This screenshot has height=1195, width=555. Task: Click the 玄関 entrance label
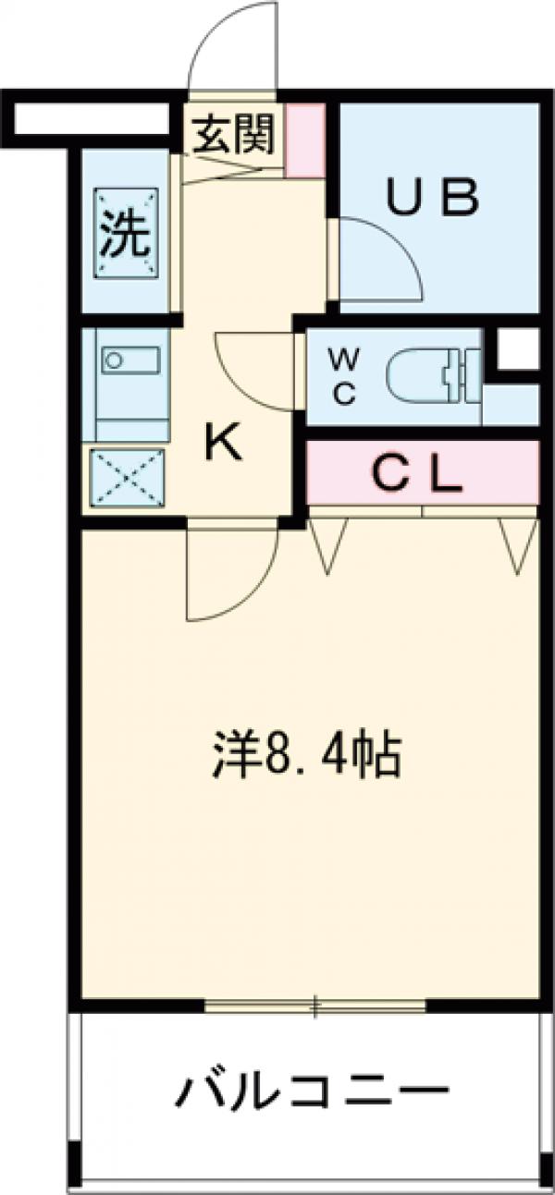[x=233, y=137]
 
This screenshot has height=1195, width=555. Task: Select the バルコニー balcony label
[x=312, y=1093]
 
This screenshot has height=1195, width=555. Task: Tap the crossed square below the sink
[x=127, y=480]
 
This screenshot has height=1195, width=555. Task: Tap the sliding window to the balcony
[x=314, y=1006]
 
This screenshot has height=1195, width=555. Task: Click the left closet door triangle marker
[x=328, y=545]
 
